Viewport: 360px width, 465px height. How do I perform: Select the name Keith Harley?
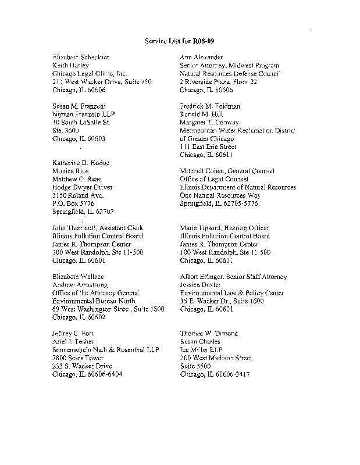point(67,66)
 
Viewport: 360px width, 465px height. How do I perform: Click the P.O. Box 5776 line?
point(72,203)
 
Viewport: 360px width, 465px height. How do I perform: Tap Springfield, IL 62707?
point(83,212)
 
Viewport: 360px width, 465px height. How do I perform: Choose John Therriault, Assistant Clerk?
point(97,228)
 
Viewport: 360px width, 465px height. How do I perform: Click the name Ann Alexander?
point(201,58)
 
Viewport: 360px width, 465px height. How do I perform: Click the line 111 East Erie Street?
point(208,147)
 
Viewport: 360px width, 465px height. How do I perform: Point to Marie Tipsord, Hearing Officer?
point(224,228)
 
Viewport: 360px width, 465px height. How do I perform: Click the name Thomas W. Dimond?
point(209,334)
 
